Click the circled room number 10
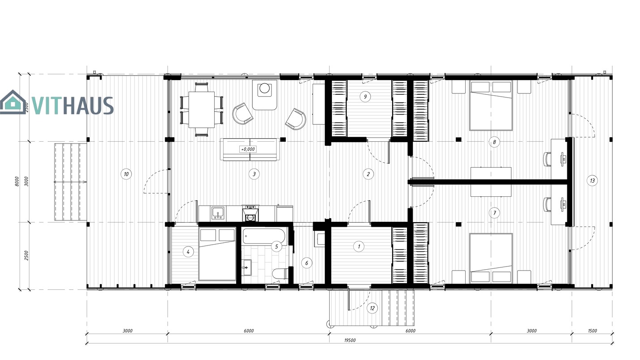126,174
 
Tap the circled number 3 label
254,174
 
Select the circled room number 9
365,97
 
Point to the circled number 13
592,181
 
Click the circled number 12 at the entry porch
372,308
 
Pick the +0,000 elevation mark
248,149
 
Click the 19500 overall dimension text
350,340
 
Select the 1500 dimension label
592,331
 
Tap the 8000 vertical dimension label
17,182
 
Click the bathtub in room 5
264,236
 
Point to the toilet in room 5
280,274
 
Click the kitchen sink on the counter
218,213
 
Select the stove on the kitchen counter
250,213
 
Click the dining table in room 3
201,110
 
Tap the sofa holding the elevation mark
250,149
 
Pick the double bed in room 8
491,106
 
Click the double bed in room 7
491,258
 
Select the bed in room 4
217,254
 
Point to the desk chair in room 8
547,159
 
